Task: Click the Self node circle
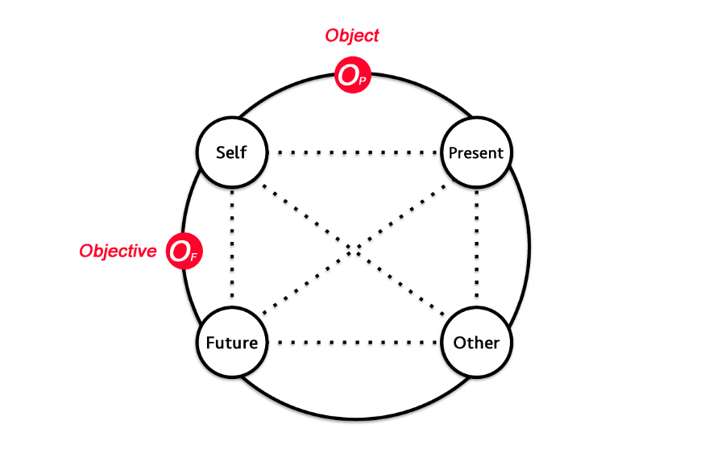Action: pyautogui.click(x=232, y=152)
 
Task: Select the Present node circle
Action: pyautogui.click(x=476, y=152)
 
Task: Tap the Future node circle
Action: pyautogui.click(x=232, y=342)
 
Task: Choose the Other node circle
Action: pyautogui.click(x=476, y=342)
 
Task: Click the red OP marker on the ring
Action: pyautogui.click(x=352, y=77)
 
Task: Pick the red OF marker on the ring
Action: pyautogui.click(x=183, y=252)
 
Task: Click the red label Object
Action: pyautogui.click(x=352, y=35)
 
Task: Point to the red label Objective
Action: pyautogui.click(x=118, y=251)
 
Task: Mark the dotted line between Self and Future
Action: pyautogui.click(x=232, y=247)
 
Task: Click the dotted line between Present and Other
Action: pyautogui.click(x=476, y=247)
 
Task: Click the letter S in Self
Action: pyautogui.click(x=220, y=152)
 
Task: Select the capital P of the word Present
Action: pyautogui.click(x=454, y=153)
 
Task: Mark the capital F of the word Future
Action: pyautogui.click(x=210, y=342)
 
